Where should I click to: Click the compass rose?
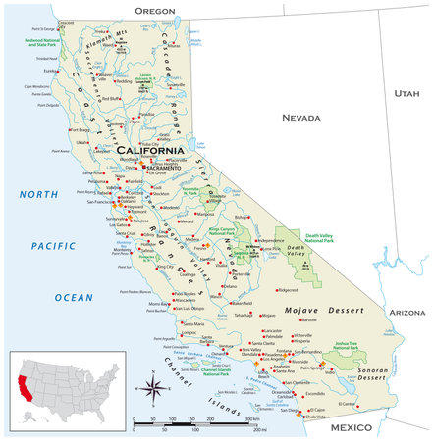153,390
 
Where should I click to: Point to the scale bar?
196,422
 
